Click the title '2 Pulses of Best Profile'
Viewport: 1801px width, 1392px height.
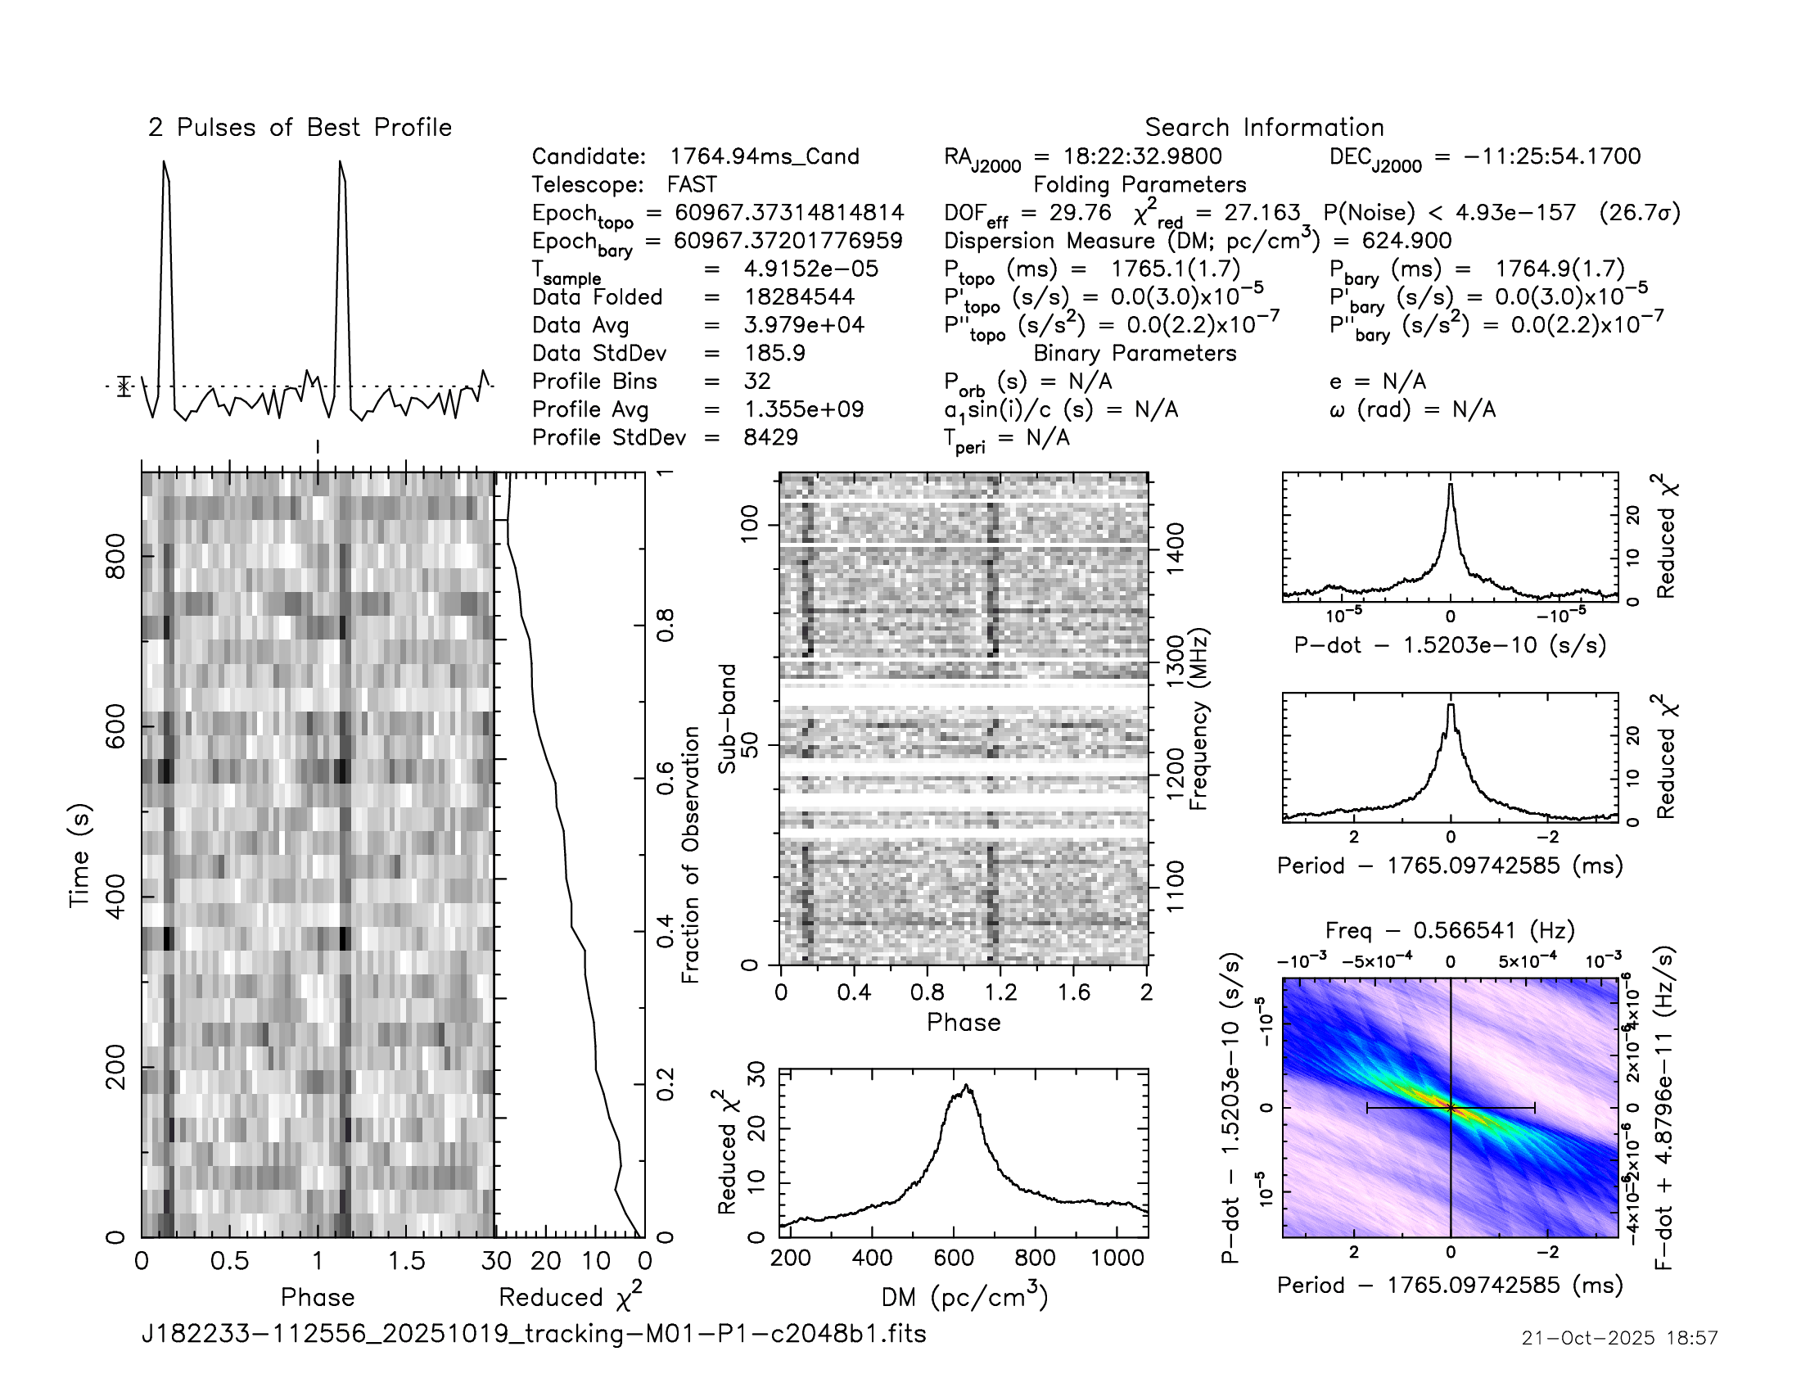(x=300, y=128)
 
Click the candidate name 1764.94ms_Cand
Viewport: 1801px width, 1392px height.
(x=764, y=156)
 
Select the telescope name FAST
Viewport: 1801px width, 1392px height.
(x=692, y=185)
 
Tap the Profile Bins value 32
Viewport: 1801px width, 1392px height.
(x=756, y=381)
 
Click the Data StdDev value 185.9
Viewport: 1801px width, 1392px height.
(x=774, y=353)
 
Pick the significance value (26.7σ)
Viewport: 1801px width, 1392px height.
(x=1639, y=213)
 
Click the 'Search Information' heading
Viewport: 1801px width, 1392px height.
(x=1263, y=128)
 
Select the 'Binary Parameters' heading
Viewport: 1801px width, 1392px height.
(x=1135, y=353)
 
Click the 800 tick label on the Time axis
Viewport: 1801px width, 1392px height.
(x=116, y=557)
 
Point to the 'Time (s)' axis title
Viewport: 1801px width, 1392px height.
(x=79, y=855)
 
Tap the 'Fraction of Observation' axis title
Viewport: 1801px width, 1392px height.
(x=691, y=854)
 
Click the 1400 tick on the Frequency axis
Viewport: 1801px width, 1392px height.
(x=1175, y=543)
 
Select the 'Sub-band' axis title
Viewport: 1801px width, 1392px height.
(x=726, y=718)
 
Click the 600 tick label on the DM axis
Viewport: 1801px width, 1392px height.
(x=953, y=1258)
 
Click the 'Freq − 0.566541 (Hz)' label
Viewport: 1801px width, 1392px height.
(x=1450, y=930)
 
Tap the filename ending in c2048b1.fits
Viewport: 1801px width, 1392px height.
(x=534, y=1333)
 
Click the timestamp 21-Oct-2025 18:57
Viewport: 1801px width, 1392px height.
(x=1619, y=1338)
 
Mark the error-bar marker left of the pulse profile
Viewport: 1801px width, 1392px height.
(x=124, y=386)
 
